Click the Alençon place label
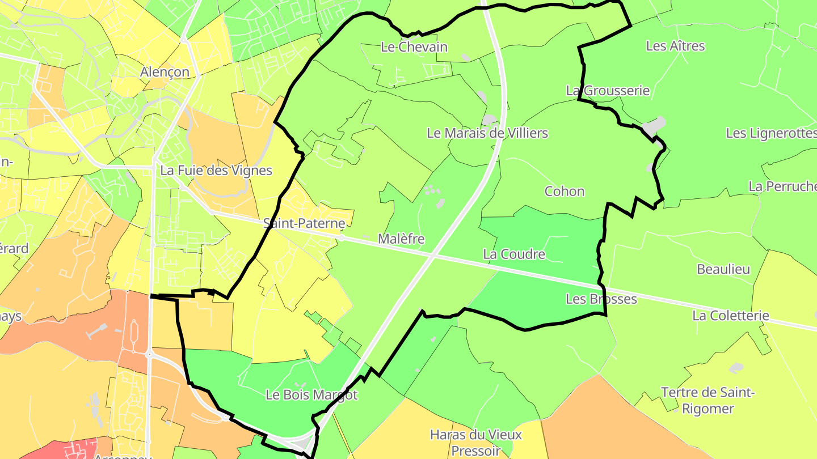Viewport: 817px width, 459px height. (165, 72)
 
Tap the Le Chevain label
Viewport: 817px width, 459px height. (414, 47)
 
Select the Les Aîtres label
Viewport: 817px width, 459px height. (675, 46)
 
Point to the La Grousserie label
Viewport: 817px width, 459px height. (608, 91)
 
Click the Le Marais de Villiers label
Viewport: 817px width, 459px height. (487, 133)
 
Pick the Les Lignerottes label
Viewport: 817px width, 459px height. (771, 133)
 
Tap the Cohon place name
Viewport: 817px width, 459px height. (564, 192)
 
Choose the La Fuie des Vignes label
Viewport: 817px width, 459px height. (216, 171)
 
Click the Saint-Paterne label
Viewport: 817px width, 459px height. (304, 223)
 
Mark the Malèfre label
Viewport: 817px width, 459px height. (401, 239)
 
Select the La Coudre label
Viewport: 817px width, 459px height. (514, 254)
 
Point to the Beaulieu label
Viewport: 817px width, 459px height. (723, 270)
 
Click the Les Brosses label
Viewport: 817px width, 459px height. (601, 299)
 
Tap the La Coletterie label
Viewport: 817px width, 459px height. (731, 316)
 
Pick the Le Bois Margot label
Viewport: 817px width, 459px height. (311, 395)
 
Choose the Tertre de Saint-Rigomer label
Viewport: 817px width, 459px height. (707, 400)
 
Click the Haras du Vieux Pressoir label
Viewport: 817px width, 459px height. (476, 443)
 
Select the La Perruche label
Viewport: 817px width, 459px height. (782, 186)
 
